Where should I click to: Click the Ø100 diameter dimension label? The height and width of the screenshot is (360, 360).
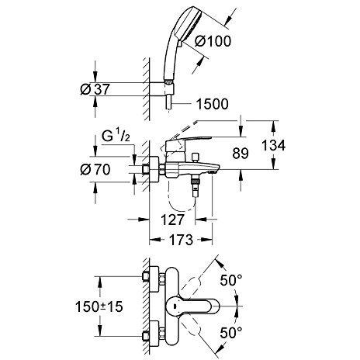(x=213, y=41)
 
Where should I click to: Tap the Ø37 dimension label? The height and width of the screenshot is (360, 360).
(x=95, y=89)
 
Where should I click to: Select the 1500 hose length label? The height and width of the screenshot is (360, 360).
(x=213, y=104)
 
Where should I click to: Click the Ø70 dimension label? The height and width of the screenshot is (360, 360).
(x=95, y=169)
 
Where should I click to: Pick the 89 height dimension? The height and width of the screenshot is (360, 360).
(x=241, y=154)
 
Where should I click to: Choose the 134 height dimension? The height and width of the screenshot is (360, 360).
(x=274, y=145)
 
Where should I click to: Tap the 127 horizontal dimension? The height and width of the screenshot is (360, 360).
(x=172, y=220)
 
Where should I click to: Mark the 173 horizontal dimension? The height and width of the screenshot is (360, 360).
(x=181, y=240)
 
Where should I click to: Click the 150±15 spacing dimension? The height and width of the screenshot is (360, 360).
(x=99, y=306)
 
